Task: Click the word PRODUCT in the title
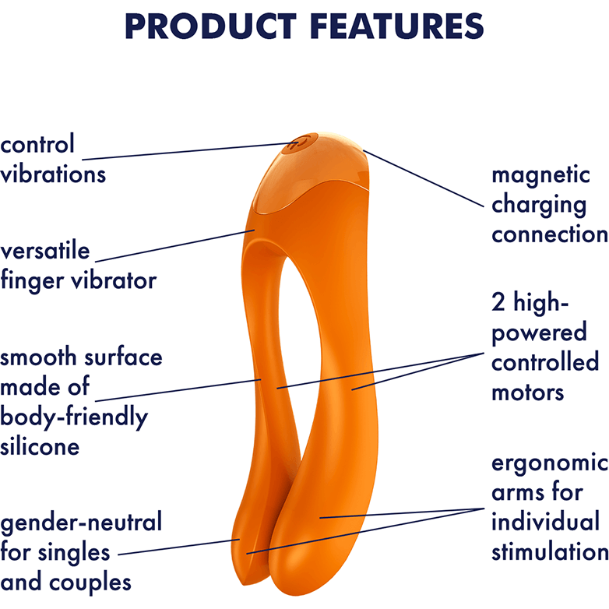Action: point(211,26)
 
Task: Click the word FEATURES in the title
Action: point(396,26)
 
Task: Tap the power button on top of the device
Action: point(302,143)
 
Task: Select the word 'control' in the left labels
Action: point(37,144)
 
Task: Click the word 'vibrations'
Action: point(53,174)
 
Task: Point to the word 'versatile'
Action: point(45,251)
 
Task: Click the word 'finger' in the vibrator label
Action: point(32,281)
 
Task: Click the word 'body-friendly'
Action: point(74,417)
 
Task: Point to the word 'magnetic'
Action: point(540,174)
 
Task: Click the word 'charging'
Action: point(539,205)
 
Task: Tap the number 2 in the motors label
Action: point(498,302)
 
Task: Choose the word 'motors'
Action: point(527,393)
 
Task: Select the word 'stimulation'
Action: point(550,552)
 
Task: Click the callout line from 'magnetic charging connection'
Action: point(424,178)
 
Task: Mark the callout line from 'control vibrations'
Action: point(190,151)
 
